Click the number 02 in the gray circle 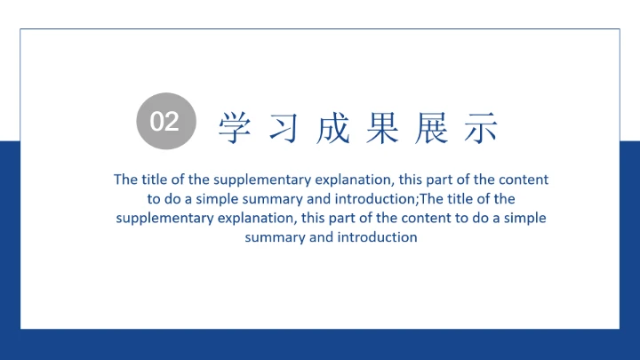pos(164,122)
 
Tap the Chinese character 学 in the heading pos(233,128)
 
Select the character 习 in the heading pos(282,128)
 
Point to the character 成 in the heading pos(331,128)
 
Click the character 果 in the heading pos(380,128)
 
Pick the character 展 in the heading pos(429,128)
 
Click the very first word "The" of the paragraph pos(125,179)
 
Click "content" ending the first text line pos(524,179)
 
